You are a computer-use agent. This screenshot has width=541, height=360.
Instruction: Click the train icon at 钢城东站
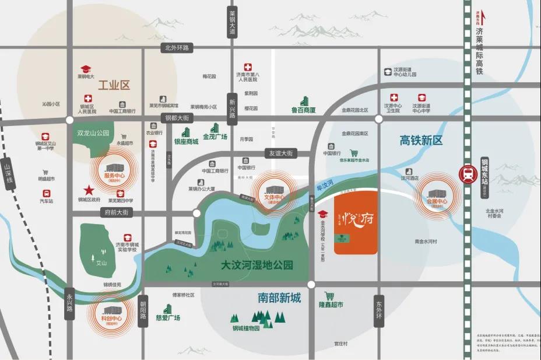468,173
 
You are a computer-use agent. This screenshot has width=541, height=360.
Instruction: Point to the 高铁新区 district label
421,140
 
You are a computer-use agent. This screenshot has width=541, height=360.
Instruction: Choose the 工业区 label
114,85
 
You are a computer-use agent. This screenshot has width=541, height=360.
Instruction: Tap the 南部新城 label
279,298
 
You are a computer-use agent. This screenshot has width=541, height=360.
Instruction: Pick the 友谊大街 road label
280,153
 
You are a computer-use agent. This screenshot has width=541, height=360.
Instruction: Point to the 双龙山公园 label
93,133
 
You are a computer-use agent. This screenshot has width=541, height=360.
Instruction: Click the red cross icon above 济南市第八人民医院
248,68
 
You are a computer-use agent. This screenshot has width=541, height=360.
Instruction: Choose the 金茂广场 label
215,137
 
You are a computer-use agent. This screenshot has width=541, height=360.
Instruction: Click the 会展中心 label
437,202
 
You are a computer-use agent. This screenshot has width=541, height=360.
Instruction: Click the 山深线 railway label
8,174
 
